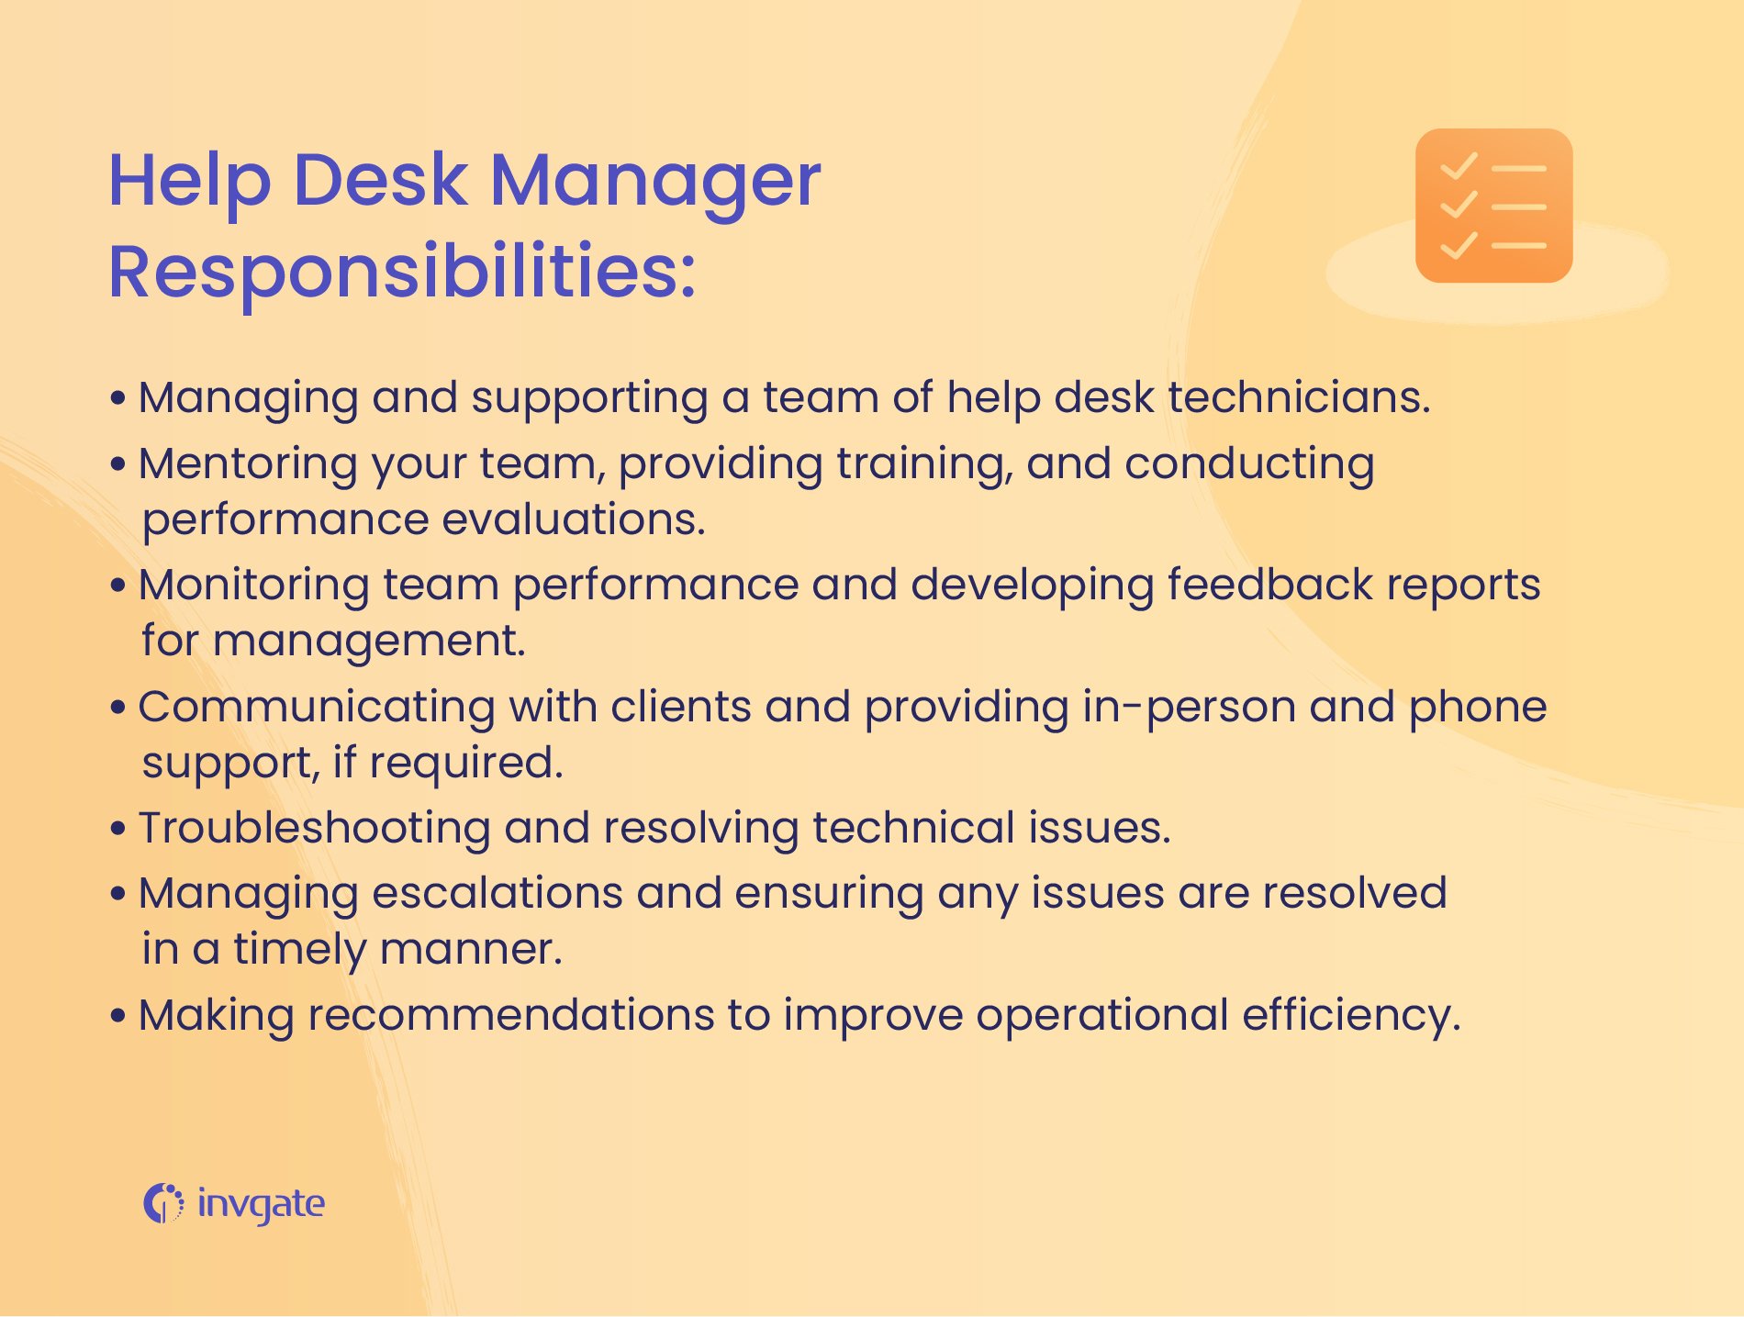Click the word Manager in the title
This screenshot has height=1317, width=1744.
654,181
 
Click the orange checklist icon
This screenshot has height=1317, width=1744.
1493,206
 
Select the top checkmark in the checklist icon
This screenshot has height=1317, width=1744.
1458,167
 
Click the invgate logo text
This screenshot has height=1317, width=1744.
261,1204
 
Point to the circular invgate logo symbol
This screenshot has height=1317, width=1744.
162,1203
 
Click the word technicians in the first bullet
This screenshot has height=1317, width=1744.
1298,398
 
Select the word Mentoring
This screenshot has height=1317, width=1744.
248,464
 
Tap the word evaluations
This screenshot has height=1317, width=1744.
574,519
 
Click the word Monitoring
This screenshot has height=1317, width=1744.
253,586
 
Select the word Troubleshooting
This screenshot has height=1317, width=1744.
314,829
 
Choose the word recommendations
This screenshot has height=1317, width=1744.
510,1016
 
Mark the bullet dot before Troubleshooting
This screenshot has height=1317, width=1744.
117,829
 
